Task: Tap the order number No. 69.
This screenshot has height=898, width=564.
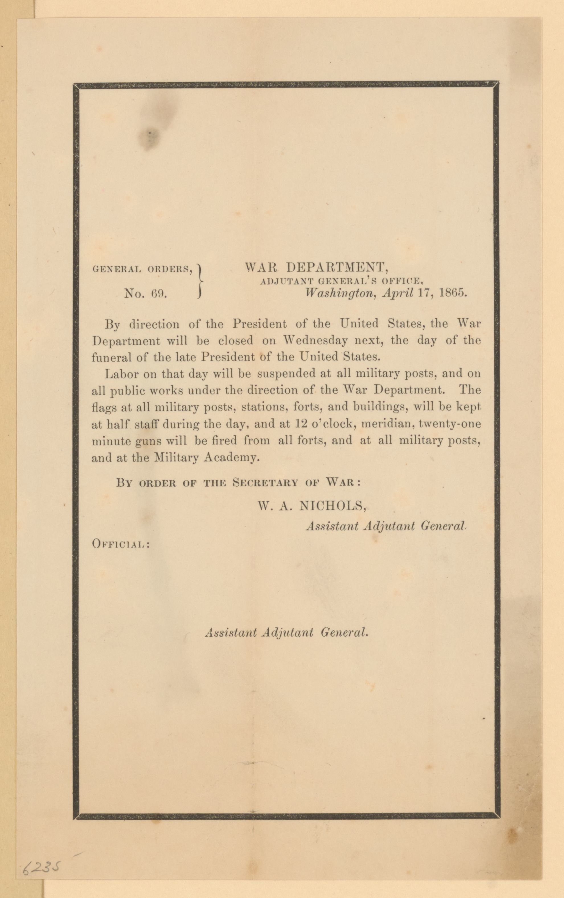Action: [145, 294]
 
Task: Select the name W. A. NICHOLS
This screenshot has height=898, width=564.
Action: [311, 506]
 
